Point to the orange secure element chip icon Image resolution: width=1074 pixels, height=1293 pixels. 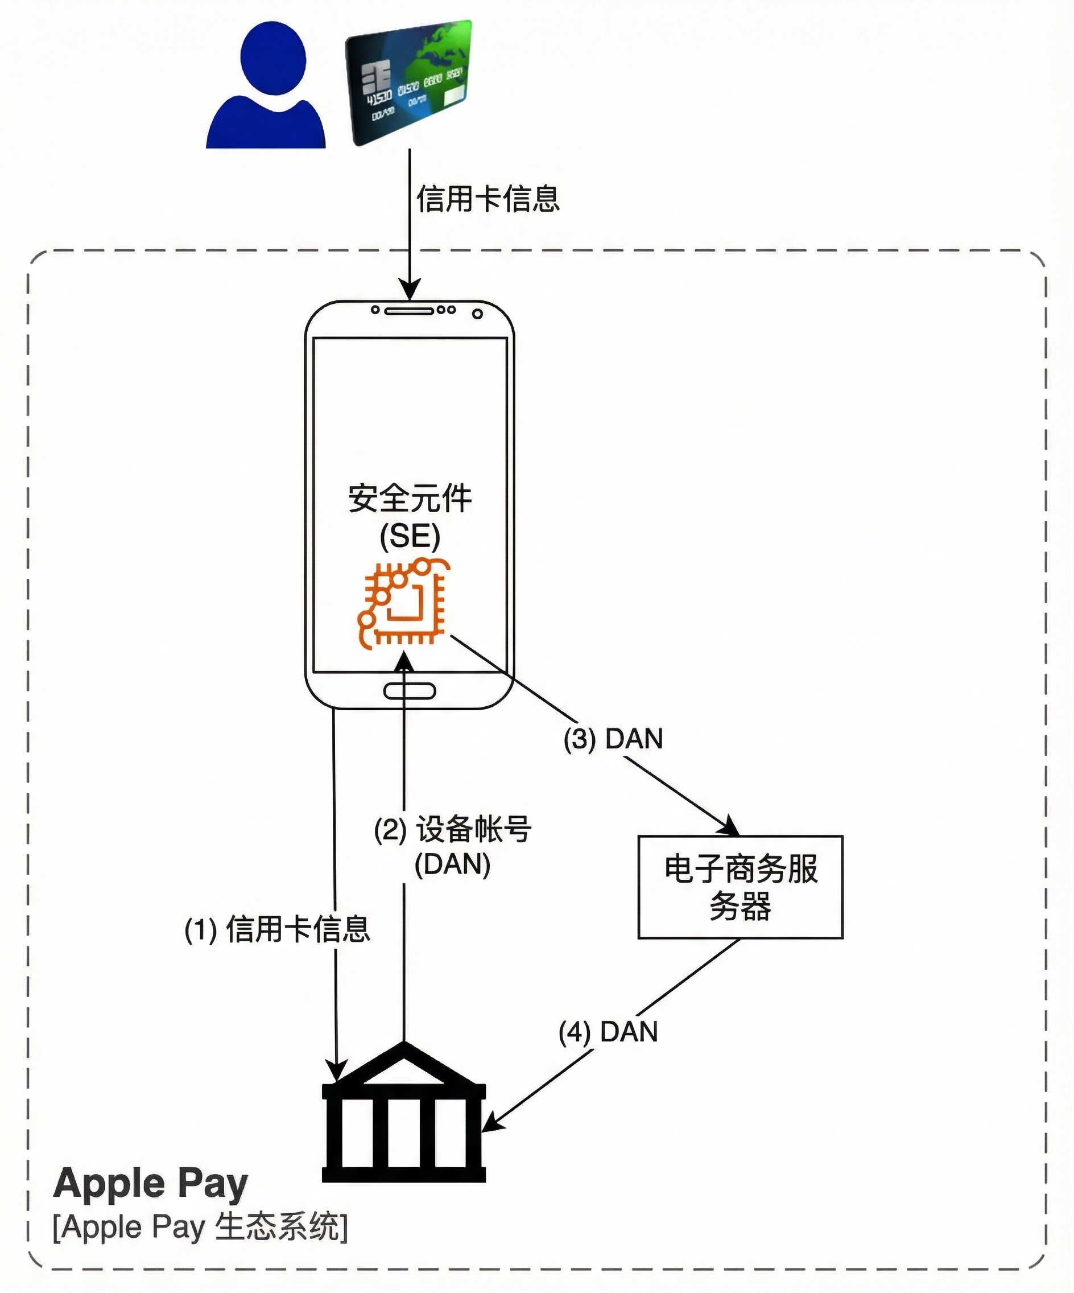[403, 603]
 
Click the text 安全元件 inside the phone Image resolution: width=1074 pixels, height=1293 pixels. [410, 499]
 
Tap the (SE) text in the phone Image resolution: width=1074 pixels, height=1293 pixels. [410, 536]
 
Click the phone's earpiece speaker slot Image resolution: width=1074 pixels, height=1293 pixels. [409, 310]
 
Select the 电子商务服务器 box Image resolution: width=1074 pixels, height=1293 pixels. [740, 887]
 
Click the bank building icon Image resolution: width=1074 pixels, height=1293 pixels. [404, 1114]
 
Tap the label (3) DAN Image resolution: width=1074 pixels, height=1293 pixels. [613, 739]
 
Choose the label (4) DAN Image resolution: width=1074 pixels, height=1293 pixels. [608, 1032]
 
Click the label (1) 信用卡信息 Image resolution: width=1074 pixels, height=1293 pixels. [277, 929]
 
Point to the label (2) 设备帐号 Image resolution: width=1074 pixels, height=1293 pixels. [453, 829]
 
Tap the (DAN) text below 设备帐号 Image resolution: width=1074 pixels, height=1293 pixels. [452, 865]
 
